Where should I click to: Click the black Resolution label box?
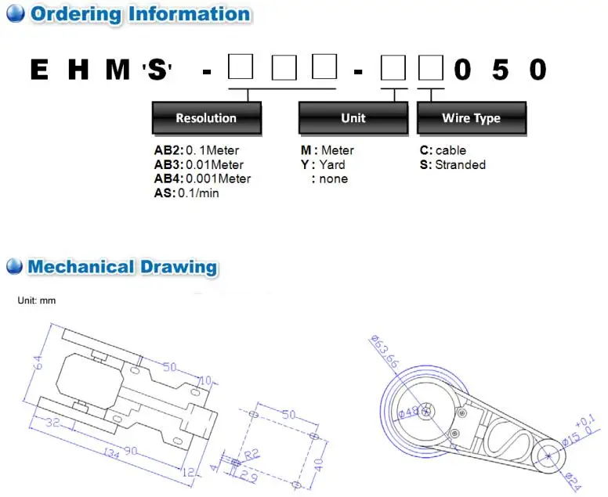pyautogui.click(x=205, y=118)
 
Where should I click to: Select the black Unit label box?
pyautogui.click(x=353, y=118)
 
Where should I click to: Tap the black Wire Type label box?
pyautogui.click(x=471, y=118)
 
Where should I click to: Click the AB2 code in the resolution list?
pyautogui.click(x=168, y=150)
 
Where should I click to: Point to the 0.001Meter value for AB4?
pyautogui.click(x=218, y=178)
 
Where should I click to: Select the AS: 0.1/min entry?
pyautogui.click(x=186, y=193)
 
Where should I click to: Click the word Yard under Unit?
pyautogui.click(x=331, y=164)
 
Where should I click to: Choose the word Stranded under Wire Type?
pyautogui.click(x=460, y=164)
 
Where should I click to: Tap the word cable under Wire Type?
pyautogui.click(x=451, y=150)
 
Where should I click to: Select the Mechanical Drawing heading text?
pyautogui.click(x=121, y=266)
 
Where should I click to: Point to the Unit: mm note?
pyautogui.click(x=37, y=301)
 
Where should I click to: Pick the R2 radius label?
pyautogui.click(x=251, y=453)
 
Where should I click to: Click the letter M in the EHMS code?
pyautogui.click(x=118, y=70)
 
